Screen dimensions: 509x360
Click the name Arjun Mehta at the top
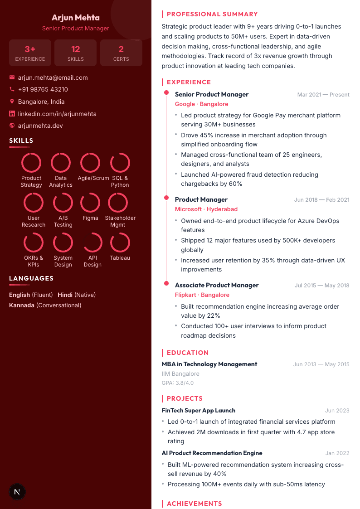[x=76, y=18]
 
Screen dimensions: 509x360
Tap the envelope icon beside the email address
[x=12, y=78]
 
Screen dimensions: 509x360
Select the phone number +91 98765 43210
[x=43, y=90]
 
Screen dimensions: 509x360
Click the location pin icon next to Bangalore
[x=12, y=102]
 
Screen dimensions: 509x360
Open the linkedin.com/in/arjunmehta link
[x=57, y=114]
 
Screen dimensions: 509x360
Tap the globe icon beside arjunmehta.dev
[x=12, y=126]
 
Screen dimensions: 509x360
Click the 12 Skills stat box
[x=75, y=53]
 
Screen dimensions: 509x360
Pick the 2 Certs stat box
[x=121, y=53]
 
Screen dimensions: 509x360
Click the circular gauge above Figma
[x=90, y=203]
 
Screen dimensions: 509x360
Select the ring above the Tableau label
[x=120, y=242]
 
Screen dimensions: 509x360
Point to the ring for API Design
[x=92, y=242]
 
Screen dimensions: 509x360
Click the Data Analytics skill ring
[x=61, y=163]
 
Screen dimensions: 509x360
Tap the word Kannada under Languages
[x=22, y=305]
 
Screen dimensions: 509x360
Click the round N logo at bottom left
[x=17, y=492]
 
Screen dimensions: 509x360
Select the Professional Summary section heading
[x=212, y=14]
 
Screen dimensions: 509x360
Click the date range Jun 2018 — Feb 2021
[x=321, y=200]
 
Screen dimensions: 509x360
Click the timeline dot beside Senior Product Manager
[x=167, y=93]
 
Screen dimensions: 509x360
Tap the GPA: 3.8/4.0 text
[x=178, y=383]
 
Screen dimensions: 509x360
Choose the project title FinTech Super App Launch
[x=199, y=411]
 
